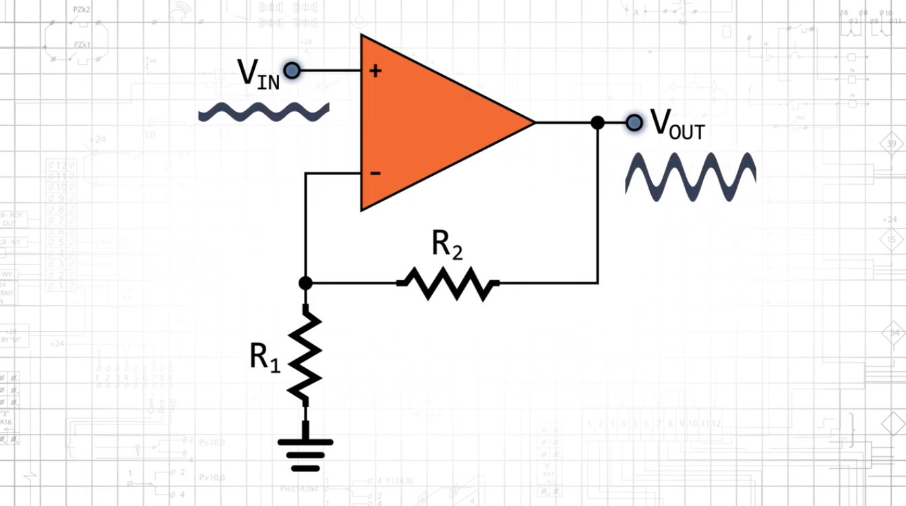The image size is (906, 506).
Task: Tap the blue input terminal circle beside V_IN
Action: [292, 70]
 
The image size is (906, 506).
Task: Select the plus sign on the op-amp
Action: [375, 70]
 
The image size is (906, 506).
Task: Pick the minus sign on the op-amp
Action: [375, 174]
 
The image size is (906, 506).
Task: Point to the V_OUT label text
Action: [676, 125]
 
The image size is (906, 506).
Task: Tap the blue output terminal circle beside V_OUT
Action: [634, 123]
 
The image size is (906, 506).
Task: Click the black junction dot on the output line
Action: [597, 123]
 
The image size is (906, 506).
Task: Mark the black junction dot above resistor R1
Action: [305, 283]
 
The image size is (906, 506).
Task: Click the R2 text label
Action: [447, 247]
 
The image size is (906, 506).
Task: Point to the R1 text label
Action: [264, 357]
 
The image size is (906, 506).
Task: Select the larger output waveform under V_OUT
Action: [690, 177]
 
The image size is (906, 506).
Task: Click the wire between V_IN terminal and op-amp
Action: [330, 70]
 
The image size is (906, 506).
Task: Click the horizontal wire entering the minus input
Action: [333, 174]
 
